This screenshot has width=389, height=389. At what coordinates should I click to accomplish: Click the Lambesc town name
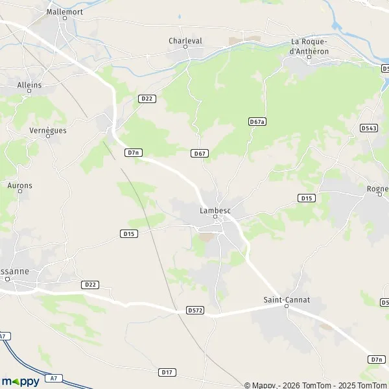[215, 210]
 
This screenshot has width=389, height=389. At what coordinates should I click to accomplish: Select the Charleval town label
[185, 40]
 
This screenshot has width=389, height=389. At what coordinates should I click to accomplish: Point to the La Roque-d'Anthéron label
[309, 47]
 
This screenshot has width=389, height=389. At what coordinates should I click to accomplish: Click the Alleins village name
[30, 85]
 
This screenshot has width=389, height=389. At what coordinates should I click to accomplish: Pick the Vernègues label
[48, 130]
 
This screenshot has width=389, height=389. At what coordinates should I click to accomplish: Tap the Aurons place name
[19, 185]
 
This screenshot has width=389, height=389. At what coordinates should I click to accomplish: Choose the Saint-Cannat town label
[287, 300]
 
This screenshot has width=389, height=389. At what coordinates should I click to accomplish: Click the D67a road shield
[257, 121]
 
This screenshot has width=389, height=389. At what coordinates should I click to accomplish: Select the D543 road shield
[368, 128]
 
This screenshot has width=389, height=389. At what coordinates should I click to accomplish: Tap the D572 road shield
[194, 311]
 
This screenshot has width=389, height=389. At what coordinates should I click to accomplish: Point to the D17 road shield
[167, 371]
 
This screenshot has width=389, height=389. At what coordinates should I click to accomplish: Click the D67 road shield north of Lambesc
[200, 153]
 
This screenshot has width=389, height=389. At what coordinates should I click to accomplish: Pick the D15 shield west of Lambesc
[129, 233]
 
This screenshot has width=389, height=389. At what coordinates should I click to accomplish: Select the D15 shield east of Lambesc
[307, 197]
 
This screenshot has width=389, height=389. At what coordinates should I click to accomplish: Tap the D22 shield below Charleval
[147, 98]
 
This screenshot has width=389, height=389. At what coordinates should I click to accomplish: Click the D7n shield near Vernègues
[134, 152]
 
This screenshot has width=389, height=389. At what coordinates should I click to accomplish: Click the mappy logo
[21, 381]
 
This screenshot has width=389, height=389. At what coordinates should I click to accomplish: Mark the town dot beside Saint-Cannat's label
[288, 307]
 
